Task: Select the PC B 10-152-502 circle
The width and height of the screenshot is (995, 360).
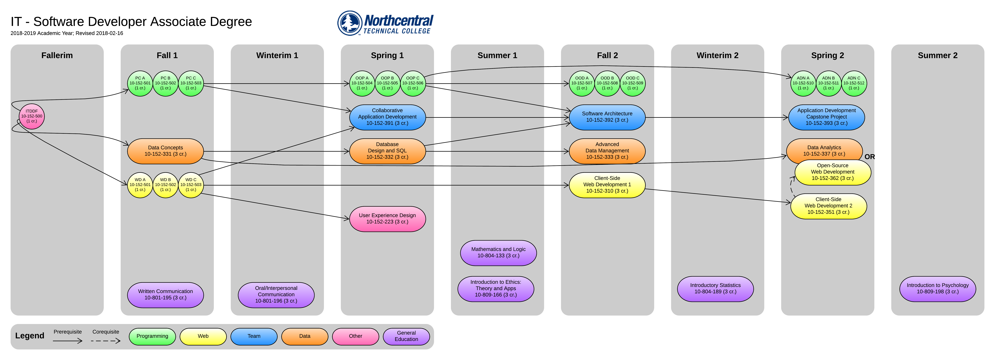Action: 165,83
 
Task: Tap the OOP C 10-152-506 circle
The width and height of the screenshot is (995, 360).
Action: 413,83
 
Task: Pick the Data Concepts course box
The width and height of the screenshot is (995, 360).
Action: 165,151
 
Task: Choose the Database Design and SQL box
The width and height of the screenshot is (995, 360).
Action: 387,151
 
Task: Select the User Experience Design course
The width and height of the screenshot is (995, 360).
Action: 387,219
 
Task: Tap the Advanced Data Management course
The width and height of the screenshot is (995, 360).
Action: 607,151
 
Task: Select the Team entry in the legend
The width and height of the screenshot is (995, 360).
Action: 254,336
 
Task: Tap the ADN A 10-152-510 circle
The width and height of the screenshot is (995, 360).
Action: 803,83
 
